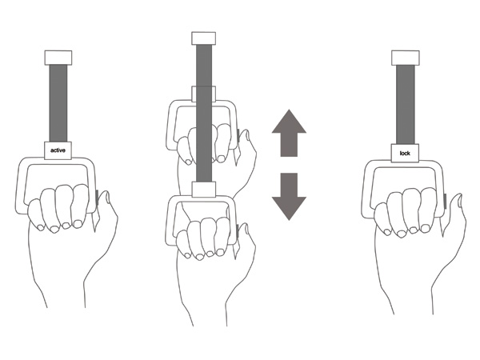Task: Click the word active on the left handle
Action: pyautogui.click(x=58, y=150)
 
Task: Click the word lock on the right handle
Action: pyautogui.click(x=405, y=153)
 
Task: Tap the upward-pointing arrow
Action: pyautogui.click(x=289, y=133)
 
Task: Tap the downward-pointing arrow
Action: pyautogui.click(x=289, y=197)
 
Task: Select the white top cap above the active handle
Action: pyautogui.click(x=58, y=58)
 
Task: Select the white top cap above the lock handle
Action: pyautogui.click(x=406, y=58)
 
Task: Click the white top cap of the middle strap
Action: pyautogui.click(x=203, y=38)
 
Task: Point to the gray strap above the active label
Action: pyautogui.click(x=58, y=103)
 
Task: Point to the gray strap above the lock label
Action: pyautogui.click(x=406, y=104)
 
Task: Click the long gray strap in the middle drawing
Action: pyautogui.click(x=203, y=113)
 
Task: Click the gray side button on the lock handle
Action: pyautogui.click(x=445, y=202)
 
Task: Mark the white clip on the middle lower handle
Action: pyautogui.click(x=204, y=189)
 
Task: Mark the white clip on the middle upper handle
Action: pyautogui.click(x=203, y=94)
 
